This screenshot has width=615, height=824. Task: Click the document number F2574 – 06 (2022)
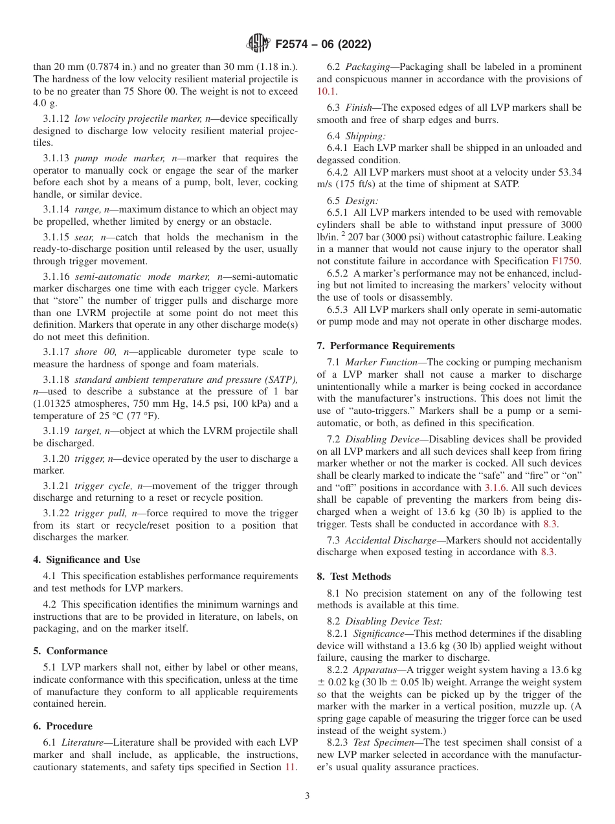pos(322,45)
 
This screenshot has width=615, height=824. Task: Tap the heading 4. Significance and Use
pos(87,560)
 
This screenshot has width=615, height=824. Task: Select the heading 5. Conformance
pos(71,651)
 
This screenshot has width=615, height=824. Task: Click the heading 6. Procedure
pos(63,726)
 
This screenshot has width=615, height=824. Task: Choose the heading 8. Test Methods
pos(354,577)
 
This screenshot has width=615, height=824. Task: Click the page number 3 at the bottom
pos(307,796)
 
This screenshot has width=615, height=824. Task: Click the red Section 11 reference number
pos(291,768)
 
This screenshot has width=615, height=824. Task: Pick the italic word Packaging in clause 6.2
pos(367,67)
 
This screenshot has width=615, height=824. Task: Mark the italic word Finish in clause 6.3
pos(359,107)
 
